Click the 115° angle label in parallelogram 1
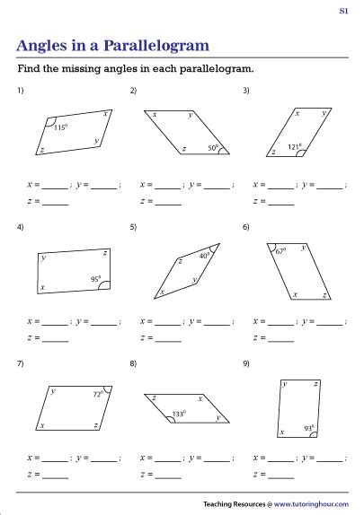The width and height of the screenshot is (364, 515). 61,127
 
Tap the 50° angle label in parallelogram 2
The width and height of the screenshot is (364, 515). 213,148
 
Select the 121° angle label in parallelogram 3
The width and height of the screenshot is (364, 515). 295,147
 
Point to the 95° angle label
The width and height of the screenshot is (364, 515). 96,279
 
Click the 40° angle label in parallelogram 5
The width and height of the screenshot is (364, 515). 204,255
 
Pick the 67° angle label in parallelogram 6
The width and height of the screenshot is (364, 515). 280,251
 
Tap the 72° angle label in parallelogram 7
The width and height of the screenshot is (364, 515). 98,394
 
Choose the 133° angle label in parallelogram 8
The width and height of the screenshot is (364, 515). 179,414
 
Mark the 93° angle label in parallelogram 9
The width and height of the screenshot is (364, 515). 309,428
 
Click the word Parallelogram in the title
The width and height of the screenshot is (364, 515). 156,46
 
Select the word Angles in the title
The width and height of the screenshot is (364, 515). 41,47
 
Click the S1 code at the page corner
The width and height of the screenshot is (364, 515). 343,11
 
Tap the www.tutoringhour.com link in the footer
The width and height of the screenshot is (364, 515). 311,504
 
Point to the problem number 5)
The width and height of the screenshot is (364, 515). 133,227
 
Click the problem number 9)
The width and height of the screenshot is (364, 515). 246,363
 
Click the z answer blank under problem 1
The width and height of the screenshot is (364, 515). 56,205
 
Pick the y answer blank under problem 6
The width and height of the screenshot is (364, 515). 330,325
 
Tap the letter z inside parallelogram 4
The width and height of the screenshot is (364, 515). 105,253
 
